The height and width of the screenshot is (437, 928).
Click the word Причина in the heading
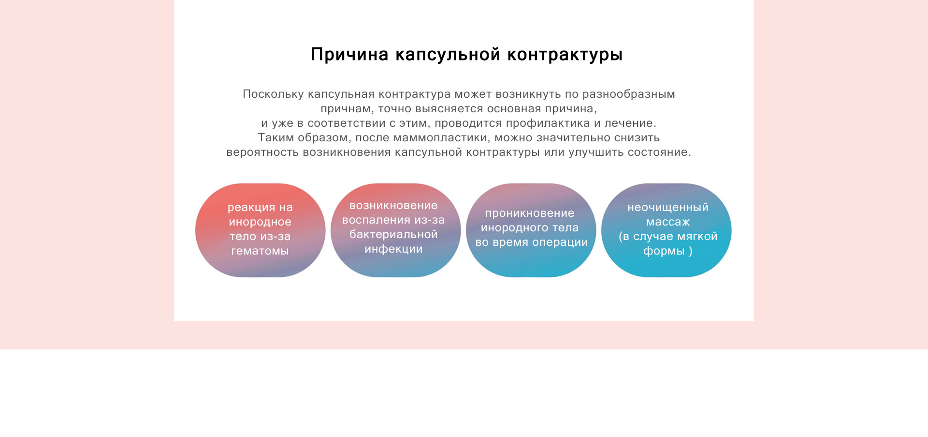pyautogui.click(x=349, y=54)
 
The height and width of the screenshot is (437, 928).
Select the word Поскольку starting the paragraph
pyautogui.click(x=273, y=94)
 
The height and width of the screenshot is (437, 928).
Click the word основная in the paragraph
pyautogui.click(x=514, y=109)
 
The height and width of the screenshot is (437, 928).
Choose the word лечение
pyautogui.click(x=630, y=123)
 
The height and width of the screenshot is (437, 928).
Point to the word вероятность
pyautogui.click(x=262, y=153)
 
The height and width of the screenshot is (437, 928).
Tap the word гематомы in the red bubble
pyautogui.click(x=260, y=251)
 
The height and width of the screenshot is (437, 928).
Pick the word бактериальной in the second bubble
pyautogui.click(x=393, y=235)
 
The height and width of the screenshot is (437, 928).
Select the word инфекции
pyautogui.click(x=393, y=250)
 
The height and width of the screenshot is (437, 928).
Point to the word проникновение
pyautogui.click(x=530, y=213)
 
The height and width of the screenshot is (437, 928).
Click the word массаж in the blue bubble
pyautogui.click(x=668, y=222)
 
